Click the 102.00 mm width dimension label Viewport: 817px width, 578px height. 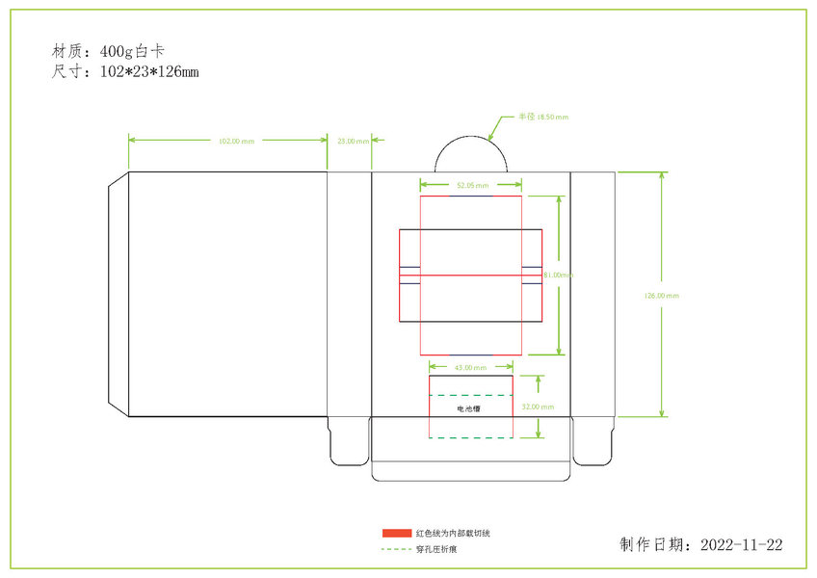(x=236, y=142)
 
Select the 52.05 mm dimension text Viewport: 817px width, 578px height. (x=472, y=185)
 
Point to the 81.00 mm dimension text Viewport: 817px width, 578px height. (x=559, y=275)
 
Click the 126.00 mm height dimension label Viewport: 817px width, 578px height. (x=661, y=296)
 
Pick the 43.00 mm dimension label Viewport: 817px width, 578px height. (x=470, y=367)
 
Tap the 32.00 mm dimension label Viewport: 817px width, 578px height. (x=538, y=407)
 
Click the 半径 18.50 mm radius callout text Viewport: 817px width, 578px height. (x=543, y=117)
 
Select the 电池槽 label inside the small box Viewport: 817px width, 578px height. (x=469, y=408)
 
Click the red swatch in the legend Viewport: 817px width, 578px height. (x=396, y=533)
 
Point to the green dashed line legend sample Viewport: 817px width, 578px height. (x=396, y=549)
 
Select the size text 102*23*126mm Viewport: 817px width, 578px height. (x=148, y=72)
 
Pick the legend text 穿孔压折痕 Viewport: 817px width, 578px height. (x=436, y=549)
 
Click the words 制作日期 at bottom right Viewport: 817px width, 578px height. (x=654, y=545)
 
